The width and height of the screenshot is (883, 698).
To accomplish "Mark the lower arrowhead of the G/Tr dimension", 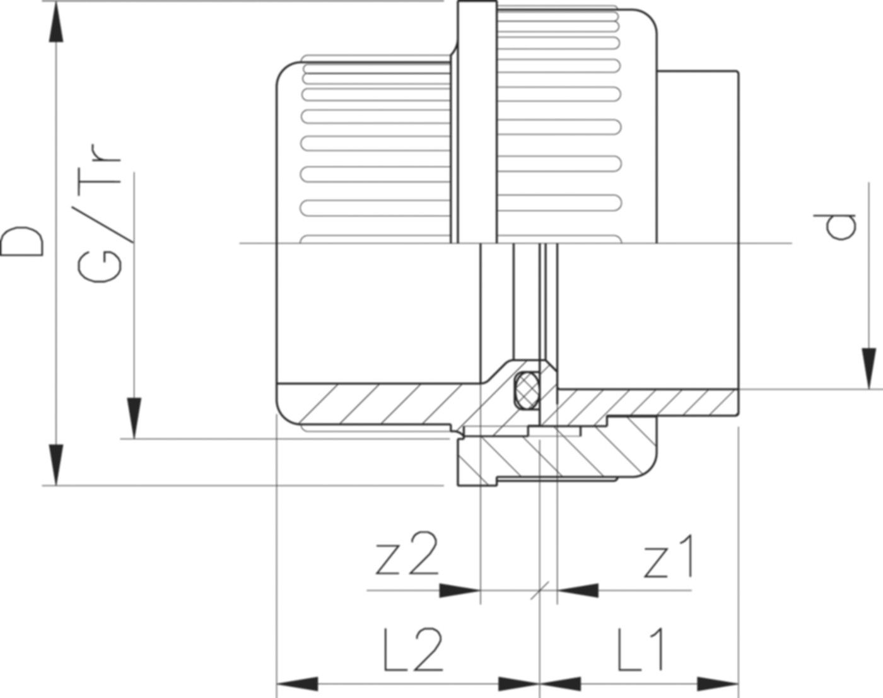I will pos(134,417).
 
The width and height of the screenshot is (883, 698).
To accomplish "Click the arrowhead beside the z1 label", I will pos(577,590).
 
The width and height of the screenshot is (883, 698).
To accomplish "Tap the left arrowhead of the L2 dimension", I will pos(297,683).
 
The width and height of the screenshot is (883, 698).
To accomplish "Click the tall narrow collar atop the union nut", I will pos(474,120).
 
